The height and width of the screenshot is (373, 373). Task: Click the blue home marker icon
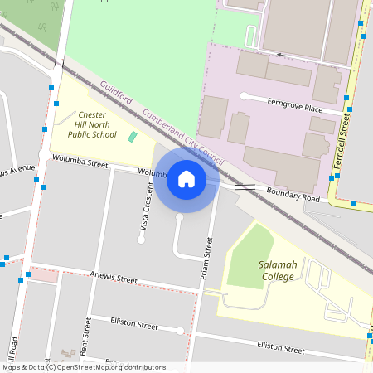[x=186, y=179]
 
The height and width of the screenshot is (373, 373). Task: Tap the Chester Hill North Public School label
[x=92, y=124]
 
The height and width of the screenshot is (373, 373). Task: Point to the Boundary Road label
[x=293, y=196]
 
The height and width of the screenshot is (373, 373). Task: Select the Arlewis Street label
[x=114, y=279]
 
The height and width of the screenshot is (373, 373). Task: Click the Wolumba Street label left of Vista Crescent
[x=80, y=164]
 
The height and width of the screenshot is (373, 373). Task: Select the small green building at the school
[x=132, y=136]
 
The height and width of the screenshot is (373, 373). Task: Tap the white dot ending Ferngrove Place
[x=244, y=96]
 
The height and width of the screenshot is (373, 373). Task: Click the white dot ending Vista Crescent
[x=141, y=240]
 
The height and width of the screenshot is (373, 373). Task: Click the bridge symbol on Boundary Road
[x=245, y=188]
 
